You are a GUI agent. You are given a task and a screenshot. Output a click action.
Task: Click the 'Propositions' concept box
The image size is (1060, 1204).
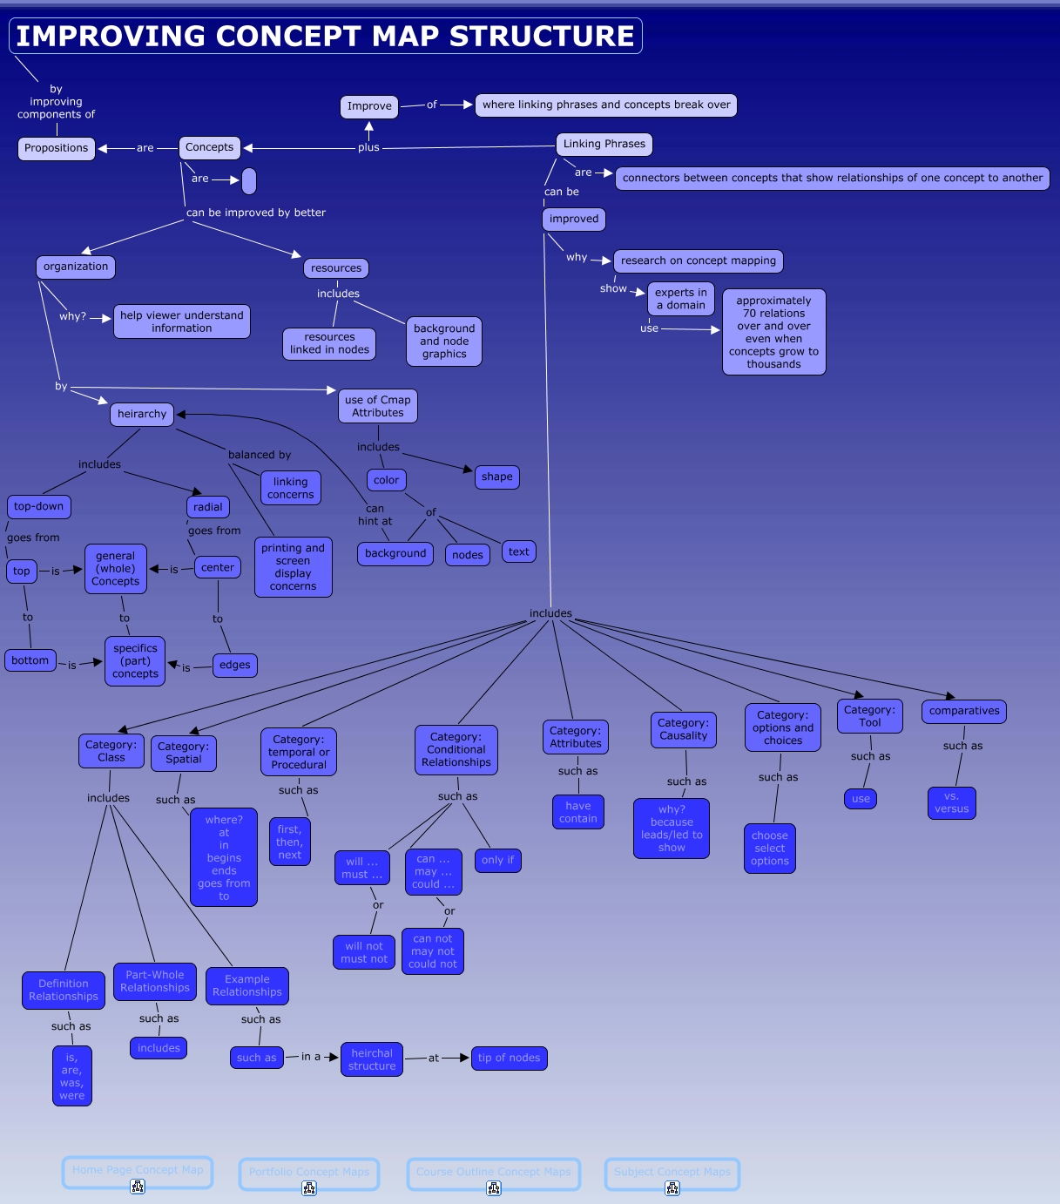click(x=57, y=148)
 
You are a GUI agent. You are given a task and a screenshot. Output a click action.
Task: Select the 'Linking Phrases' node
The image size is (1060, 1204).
click(x=604, y=145)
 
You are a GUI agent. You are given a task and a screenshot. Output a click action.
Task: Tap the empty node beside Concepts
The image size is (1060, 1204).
click(x=249, y=181)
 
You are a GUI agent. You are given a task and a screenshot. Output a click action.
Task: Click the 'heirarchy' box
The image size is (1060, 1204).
click(x=142, y=415)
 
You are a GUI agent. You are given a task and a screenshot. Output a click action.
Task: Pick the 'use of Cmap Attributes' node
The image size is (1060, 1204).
click(x=378, y=407)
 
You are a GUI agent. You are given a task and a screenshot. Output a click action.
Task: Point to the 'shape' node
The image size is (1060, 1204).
click(x=496, y=477)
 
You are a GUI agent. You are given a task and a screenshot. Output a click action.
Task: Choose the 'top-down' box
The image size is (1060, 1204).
click(x=39, y=507)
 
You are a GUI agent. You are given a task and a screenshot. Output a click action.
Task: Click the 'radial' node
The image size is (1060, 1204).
click(x=208, y=507)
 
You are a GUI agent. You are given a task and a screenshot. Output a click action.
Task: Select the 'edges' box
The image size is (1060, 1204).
click(x=235, y=666)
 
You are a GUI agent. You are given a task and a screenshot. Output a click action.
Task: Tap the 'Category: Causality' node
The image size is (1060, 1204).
click(x=684, y=730)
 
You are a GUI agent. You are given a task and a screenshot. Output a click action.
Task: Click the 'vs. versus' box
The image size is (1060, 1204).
click(x=952, y=803)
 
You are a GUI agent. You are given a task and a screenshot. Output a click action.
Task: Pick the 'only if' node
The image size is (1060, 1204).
click(x=498, y=861)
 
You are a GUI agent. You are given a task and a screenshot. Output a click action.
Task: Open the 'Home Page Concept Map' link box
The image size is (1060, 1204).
click(x=138, y=1171)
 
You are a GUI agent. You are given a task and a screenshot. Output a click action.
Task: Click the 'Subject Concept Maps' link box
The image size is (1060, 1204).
click(x=672, y=1173)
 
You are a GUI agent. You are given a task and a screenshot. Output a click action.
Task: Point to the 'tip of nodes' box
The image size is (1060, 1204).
click(x=510, y=1059)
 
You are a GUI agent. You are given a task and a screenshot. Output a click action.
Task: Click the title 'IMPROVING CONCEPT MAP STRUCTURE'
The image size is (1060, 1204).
click(x=326, y=37)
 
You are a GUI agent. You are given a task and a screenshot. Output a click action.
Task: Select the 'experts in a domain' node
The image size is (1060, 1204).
click(x=681, y=300)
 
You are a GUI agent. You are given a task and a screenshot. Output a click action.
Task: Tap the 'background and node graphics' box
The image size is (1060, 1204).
click(x=444, y=342)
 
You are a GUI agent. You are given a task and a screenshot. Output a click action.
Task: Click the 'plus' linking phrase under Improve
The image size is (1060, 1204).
click(x=368, y=148)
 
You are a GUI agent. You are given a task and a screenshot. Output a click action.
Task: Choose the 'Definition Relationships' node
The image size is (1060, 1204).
click(x=64, y=991)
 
